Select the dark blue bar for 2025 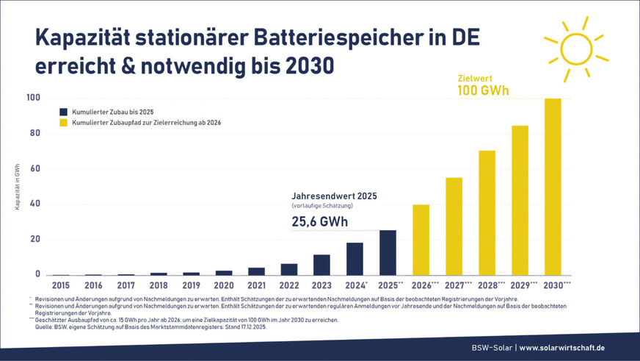point(388,252)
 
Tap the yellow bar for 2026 point(421,240)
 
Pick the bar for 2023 point(322,265)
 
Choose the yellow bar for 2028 point(487,212)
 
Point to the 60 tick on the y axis point(34,169)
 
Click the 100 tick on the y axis point(32,98)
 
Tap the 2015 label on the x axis point(61,285)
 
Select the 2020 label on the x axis point(224,285)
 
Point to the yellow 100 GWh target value point(483,90)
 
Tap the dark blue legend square point(64,111)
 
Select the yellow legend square point(64,123)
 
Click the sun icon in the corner point(575,49)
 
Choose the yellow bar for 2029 point(520,200)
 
